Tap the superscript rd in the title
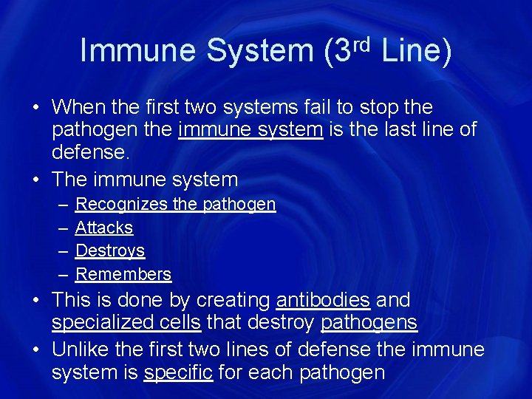pos(359,43)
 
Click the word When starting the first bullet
pos(80,108)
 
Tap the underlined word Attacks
pos(104,228)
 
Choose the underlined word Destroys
pos(110,250)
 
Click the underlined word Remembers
pos(123,274)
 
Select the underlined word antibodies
pos(322,301)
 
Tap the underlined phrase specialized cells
pos(126,323)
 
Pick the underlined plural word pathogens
pos(369,323)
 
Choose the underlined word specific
pos(178,372)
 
